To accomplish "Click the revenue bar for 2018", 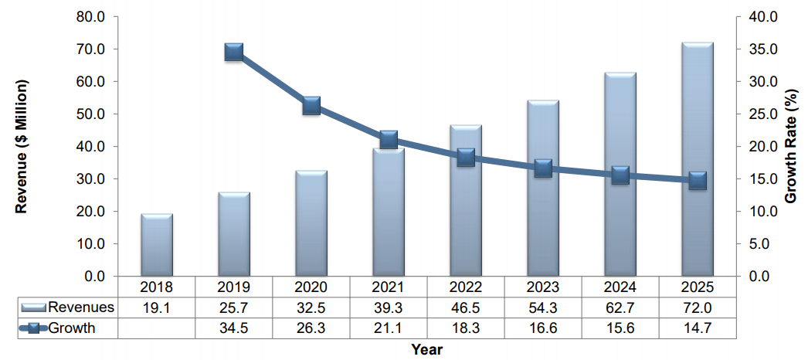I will (x=156, y=245).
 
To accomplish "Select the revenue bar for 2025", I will (x=697, y=159).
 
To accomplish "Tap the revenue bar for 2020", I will (x=311, y=223).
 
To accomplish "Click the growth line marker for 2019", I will (x=234, y=53).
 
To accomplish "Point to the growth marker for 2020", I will (x=311, y=106).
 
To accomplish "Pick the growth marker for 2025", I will (x=697, y=181).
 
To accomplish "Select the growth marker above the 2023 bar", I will (x=543, y=168).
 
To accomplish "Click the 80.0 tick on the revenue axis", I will (x=100, y=17).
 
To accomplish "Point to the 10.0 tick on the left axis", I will (x=100, y=243).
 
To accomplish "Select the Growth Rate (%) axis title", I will (x=790, y=146).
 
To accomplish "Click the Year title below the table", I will (x=426, y=349).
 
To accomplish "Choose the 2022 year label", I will (x=465, y=287).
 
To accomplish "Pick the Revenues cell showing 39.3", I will (x=388, y=307).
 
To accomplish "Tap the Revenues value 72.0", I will (x=697, y=307).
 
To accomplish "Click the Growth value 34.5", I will (x=233, y=328).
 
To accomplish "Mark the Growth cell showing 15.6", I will (x=620, y=328).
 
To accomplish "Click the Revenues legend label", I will (x=81, y=307).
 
